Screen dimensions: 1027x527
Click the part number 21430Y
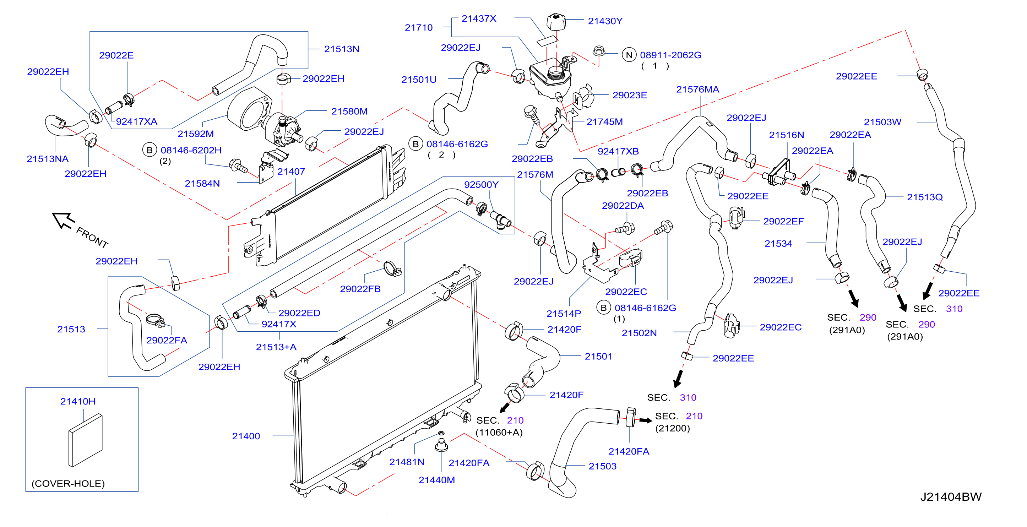tap(605, 21)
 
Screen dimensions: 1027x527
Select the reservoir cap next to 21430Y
tap(556, 22)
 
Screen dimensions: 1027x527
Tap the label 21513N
tap(341, 49)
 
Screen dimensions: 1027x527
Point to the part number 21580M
tap(349, 112)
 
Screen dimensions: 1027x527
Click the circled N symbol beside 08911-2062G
tap(629, 55)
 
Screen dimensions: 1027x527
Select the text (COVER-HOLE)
tap(68, 484)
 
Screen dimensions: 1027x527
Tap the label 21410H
tap(78, 401)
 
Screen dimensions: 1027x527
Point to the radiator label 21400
tap(246, 436)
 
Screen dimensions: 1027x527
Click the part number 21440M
tap(436, 480)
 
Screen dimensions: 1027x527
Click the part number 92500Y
tap(481, 185)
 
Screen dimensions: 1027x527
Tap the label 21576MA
tap(698, 89)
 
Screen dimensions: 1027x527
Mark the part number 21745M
tap(604, 122)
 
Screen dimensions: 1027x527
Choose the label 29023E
tap(630, 95)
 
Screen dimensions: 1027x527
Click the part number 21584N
tap(202, 183)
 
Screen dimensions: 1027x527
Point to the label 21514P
tap(564, 314)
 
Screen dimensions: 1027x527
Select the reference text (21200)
tap(672, 428)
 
